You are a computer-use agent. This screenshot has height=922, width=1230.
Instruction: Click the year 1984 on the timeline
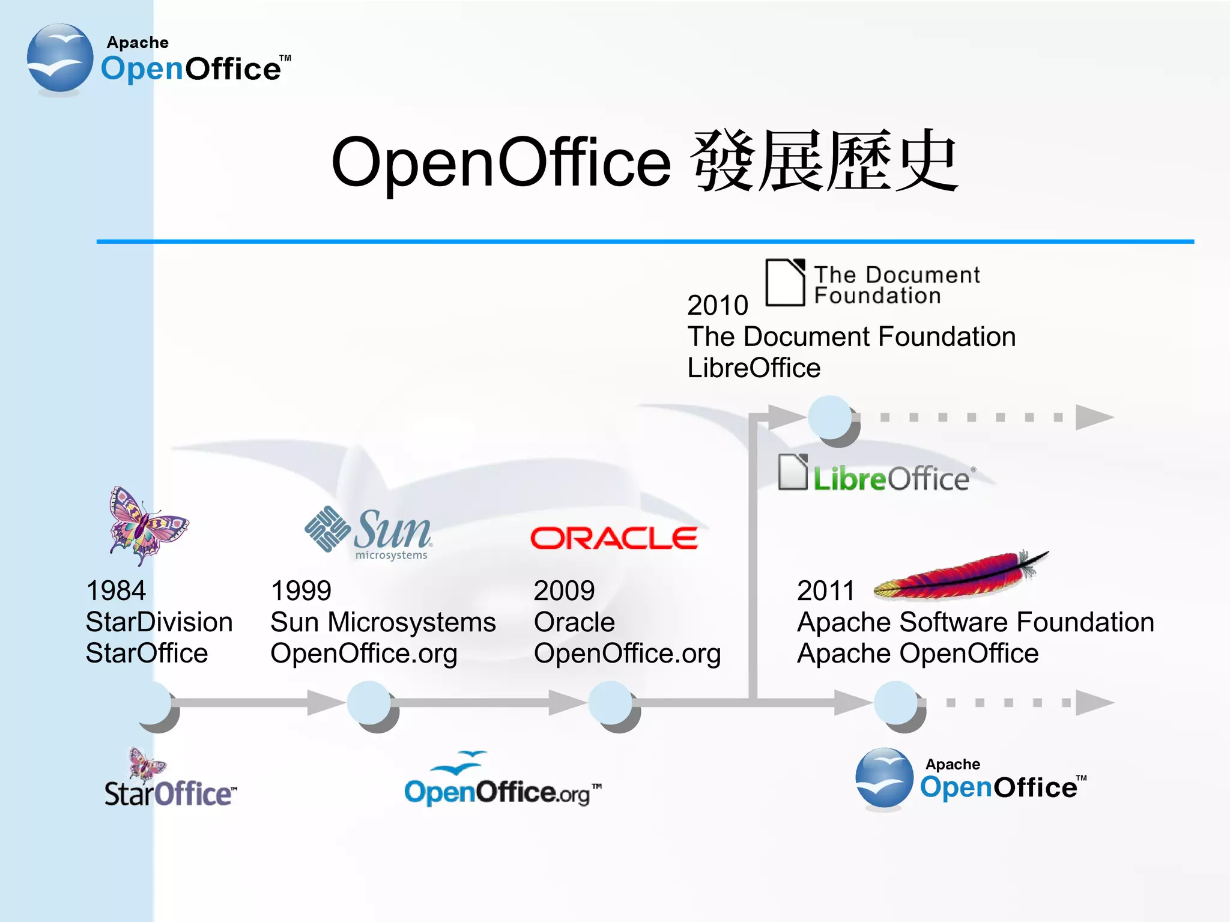click(x=116, y=590)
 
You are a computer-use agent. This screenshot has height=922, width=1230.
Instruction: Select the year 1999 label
click(x=301, y=590)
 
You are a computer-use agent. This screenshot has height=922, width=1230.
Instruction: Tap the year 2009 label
click(x=564, y=590)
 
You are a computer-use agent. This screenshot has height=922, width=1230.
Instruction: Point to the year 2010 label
click(x=718, y=305)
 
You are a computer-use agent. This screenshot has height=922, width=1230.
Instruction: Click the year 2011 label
click(x=826, y=590)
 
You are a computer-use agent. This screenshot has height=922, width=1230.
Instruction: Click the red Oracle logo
click(x=614, y=538)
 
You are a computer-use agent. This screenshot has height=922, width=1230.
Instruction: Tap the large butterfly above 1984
click(x=147, y=526)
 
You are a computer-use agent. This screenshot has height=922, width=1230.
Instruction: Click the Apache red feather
click(x=961, y=575)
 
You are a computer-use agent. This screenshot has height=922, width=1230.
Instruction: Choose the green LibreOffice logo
click(x=877, y=475)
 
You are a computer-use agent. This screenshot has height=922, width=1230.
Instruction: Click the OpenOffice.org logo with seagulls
click(x=502, y=780)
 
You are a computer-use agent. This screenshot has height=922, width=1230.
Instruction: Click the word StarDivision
click(x=159, y=622)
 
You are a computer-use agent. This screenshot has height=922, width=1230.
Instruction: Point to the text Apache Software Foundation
click(x=975, y=622)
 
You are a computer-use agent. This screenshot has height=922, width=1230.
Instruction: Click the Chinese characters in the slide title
click(x=824, y=161)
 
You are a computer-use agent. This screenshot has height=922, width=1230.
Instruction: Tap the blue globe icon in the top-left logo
click(x=60, y=58)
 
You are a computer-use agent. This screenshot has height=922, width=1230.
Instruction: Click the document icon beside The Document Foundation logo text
click(x=785, y=282)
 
